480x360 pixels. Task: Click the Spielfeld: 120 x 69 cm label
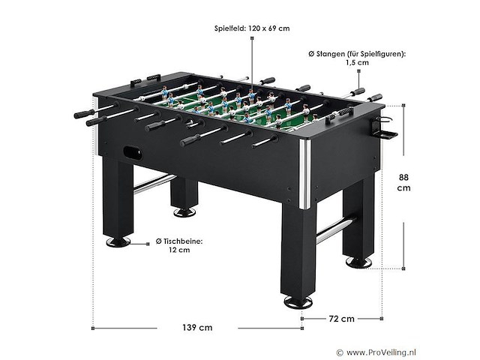(251, 28)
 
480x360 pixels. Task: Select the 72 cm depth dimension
(342, 318)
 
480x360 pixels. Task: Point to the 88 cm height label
(403, 182)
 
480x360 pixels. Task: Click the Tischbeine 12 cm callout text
(178, 245)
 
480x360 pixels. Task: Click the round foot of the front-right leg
(298, 302)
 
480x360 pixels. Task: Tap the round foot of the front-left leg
(117, 241)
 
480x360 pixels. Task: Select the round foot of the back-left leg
(184, 212)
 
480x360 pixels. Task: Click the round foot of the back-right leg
(357, 262)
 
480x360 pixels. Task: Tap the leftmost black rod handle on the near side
(83, 113)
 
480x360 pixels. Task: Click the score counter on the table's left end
(144, 78)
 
